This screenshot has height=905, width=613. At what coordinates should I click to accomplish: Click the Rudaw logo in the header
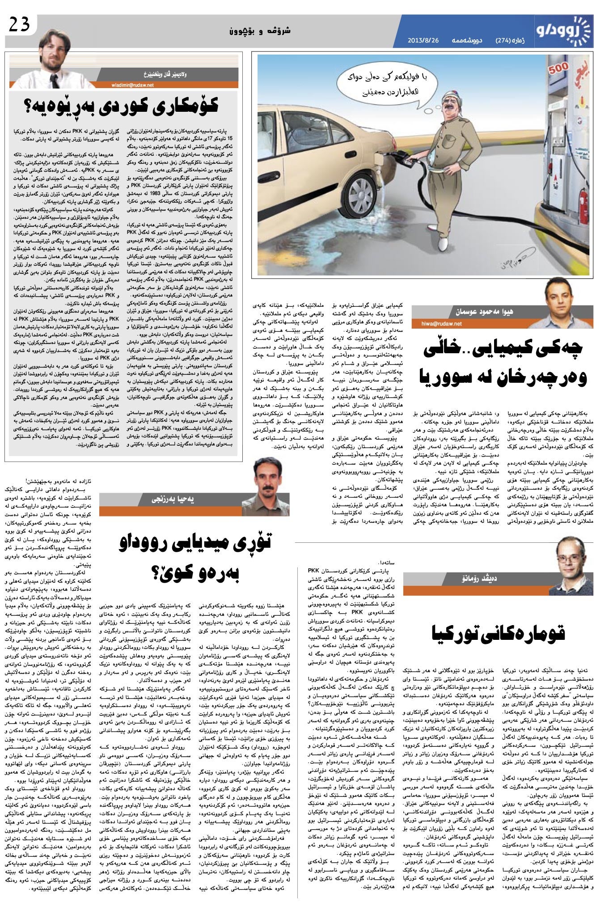click(x=566, y=31)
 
